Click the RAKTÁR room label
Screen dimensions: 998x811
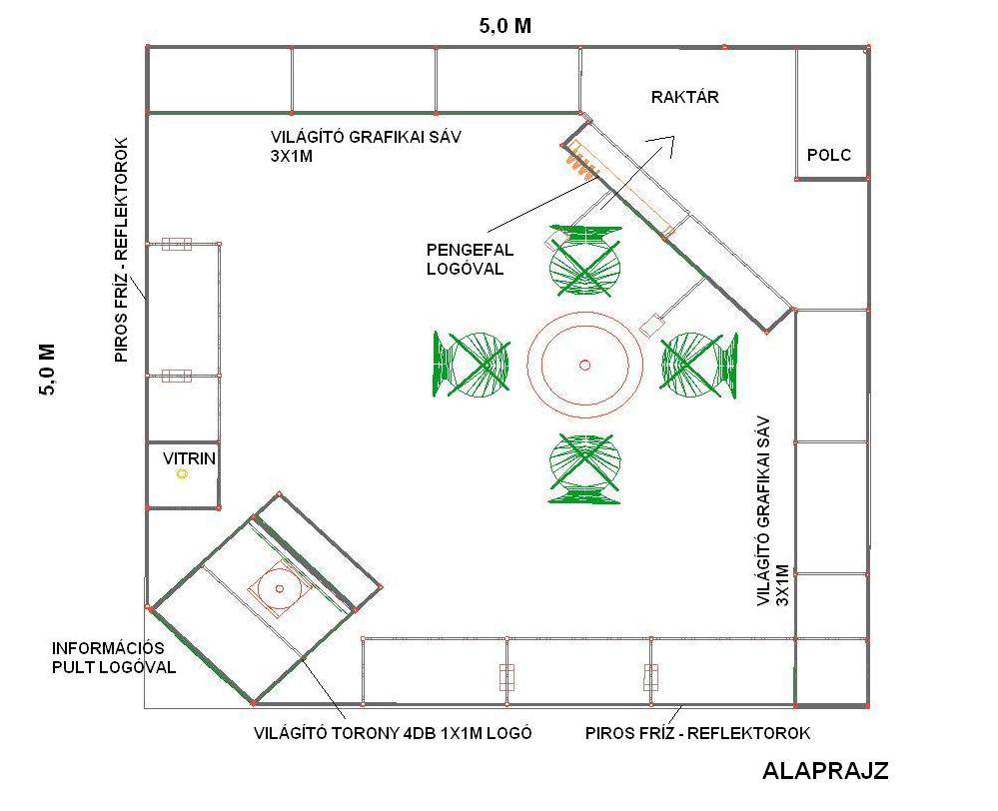point(685,97)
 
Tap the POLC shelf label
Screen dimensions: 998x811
point(829,155)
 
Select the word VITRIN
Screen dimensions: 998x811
point(189,458)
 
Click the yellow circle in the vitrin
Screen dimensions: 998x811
point(182,473)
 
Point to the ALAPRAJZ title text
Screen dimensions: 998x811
point(825,770)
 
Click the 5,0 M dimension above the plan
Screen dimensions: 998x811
point(505,26)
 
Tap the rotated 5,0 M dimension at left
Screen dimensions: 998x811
point(47,370)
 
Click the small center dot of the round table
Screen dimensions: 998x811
point(585,365)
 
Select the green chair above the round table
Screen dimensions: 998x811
point(585,261)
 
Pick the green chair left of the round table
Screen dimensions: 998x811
point(472,364)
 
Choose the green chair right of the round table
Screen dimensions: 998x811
point(699,366)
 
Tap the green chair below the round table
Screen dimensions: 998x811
point(584,469)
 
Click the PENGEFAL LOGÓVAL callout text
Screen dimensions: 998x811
point(470,259)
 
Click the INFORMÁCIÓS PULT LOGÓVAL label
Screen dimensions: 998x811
point(114,657)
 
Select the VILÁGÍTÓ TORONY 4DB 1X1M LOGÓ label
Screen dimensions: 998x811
point(393,733)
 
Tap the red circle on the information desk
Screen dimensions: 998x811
point(280,588)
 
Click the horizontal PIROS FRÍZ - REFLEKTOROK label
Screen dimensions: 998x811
point(697,733)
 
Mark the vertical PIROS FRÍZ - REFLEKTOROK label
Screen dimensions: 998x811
point(122,250)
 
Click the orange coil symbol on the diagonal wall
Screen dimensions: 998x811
point(578,161)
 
